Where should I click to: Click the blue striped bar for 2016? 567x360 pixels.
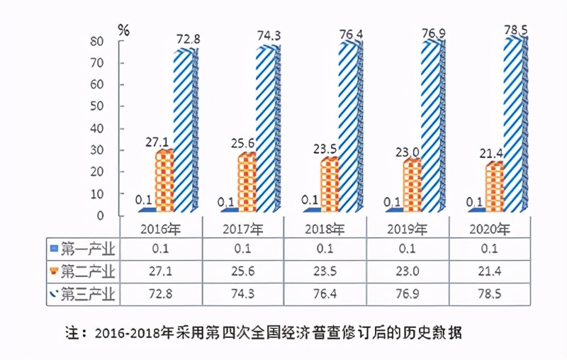coord(185,131)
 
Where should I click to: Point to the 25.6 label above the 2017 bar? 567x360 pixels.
coord(247,142)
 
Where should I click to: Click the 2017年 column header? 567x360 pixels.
coord(243,229)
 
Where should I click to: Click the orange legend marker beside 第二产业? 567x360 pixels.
coord(54,271)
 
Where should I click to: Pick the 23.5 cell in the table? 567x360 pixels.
coord(325,271)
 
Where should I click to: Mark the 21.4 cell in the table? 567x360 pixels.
coord(490,271)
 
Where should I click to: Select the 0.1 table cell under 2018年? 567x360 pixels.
coord(325,249)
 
